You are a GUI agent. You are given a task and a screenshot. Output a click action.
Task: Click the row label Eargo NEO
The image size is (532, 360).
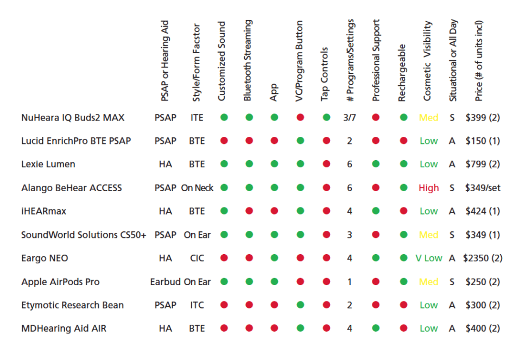tap(45, 258)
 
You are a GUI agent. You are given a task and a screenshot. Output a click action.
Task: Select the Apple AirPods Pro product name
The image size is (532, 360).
tap(60, 282)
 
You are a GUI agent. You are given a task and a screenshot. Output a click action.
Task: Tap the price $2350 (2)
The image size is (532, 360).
tap(482, 258)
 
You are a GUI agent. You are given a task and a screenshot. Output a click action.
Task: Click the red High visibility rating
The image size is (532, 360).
tap(428, 188)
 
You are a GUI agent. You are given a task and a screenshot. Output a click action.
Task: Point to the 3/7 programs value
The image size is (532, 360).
tap(350, 117)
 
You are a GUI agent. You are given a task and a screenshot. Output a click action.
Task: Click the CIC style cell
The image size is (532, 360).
tap(197, 258)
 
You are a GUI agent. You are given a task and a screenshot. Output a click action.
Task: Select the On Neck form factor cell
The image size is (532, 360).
tap(197, 188)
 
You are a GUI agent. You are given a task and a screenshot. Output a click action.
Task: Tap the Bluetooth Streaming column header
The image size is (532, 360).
tap(248, 61)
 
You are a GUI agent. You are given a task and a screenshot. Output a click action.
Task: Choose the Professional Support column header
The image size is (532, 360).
tap(377, 61)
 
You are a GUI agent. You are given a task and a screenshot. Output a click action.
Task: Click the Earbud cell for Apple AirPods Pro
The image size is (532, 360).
tap(165, 282)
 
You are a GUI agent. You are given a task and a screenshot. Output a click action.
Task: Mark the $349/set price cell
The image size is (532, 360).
tap(483, 188)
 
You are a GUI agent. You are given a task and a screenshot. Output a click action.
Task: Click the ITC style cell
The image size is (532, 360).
tap(197, 305)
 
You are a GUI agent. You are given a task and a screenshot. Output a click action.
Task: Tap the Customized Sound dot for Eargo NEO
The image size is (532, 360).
tap(223, 258)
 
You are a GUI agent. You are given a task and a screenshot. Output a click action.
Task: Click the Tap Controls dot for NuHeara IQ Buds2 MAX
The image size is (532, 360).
tap(326, 117)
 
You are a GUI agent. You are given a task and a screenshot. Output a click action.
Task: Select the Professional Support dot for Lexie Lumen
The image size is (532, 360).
tap(376, 164)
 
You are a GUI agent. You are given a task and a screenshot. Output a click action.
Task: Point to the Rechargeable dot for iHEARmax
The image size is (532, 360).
tap(403, 211)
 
